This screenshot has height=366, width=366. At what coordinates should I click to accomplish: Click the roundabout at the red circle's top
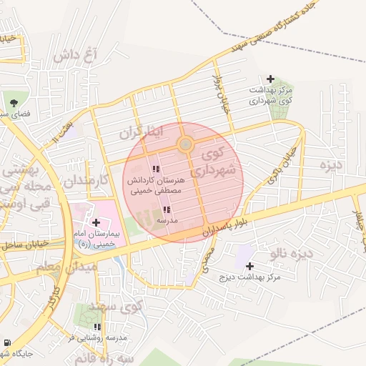coord(186,144)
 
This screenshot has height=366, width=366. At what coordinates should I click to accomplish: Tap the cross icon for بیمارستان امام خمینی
coord(96,223)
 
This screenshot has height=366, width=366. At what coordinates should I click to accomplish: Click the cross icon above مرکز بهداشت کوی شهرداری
coord(270,79)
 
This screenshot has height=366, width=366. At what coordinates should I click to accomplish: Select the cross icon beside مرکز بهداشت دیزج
coord(249,266)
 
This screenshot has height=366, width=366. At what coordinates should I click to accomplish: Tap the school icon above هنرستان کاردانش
coord(156,169)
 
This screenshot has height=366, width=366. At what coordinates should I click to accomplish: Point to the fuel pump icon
coord(7,342)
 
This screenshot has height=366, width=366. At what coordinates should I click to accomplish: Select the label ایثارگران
coord(142,132)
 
